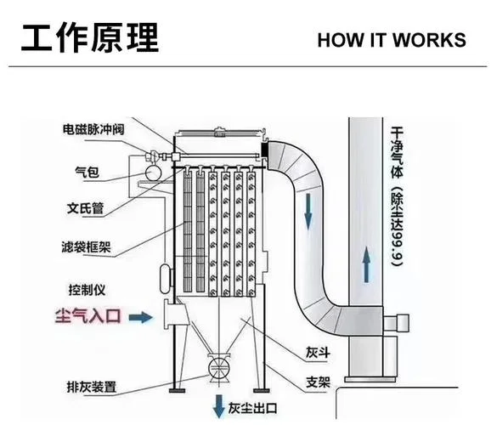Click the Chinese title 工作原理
(x=90, y=37)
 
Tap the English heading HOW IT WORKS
(x=392, y=40)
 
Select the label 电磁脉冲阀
(x=93, y=129)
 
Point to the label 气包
(x=87, y=172)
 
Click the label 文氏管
(x=85, y=208)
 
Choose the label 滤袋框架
(x=86, y=247)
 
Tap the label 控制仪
(x=87, y=290)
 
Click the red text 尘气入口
(x=88, y=316)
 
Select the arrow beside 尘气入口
(x=141, y=317)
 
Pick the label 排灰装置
(x=92, y=387)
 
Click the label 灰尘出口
(x=252, y=408)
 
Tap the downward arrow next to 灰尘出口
(x=218, y=406)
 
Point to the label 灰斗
(x=318, y=353)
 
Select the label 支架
(x=319, y=382)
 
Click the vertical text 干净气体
(x=397, y=152)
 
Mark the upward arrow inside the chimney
(x=366, y=264)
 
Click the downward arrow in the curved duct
(x=308, y=212)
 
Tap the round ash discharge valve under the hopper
(x=219, y=369)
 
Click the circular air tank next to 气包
(x=153, y=173)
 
